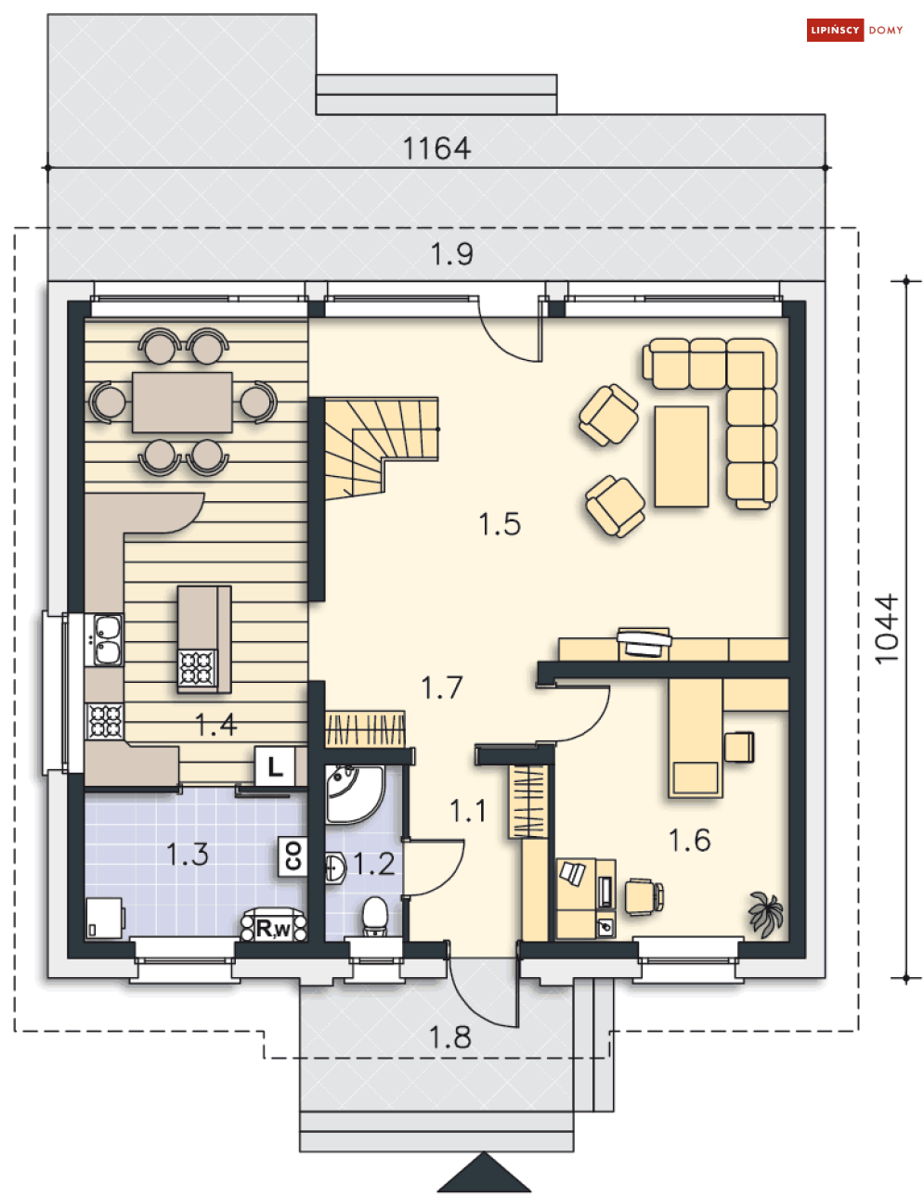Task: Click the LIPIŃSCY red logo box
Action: point(834,30)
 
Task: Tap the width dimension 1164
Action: point(436,148)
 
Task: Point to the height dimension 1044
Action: point(887,628)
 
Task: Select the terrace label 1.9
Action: point(451,254)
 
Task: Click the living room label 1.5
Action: point(500,524)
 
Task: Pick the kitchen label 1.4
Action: point(216,725)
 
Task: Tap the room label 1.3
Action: point(188,855)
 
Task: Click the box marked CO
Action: point(293,855)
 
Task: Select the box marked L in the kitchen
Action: point(274,766)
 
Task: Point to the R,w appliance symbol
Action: point(274,925)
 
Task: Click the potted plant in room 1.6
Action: point(766,914)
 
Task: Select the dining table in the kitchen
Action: point(182,403)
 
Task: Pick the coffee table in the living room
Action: point(682,457)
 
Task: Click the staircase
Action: point(381,447)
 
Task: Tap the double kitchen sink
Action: point(108,640)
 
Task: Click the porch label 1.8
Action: point(449,1037)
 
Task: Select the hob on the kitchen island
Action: point(196,668)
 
